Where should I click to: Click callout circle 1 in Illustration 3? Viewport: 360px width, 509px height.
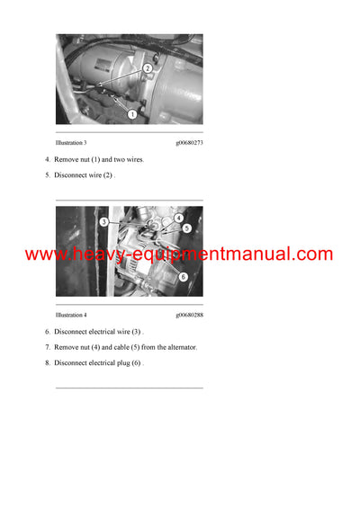(132, 114)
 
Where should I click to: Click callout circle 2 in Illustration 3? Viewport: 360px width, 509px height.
(147, 68)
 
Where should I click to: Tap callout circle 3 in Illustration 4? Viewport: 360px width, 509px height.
(104, 221)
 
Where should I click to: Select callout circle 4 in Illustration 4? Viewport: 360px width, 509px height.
(179, 218)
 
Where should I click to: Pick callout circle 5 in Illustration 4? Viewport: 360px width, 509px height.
(185, 228)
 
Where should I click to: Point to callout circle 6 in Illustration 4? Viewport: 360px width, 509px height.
(183, 277)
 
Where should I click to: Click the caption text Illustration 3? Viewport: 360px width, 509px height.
(71, 143)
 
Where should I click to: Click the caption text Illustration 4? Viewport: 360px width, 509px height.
(71, 316)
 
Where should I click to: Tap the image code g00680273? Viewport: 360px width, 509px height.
(188, 143)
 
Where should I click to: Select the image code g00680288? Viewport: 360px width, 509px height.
(188, 316)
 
